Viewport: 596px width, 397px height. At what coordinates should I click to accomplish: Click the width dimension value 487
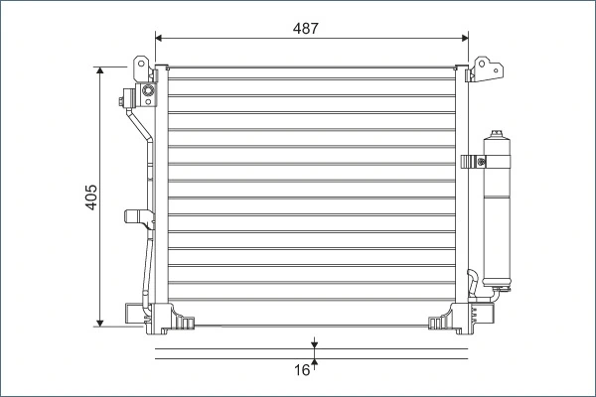pyautogui.click(x=306, y=29)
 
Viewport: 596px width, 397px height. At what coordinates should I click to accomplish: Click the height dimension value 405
pyautogui.click(x=89, y=197)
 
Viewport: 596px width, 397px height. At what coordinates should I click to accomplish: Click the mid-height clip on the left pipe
pyautogui.click(x=133, y=217)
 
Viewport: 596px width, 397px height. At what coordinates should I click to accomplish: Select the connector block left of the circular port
pyautogui.click(x=127, y=98)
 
